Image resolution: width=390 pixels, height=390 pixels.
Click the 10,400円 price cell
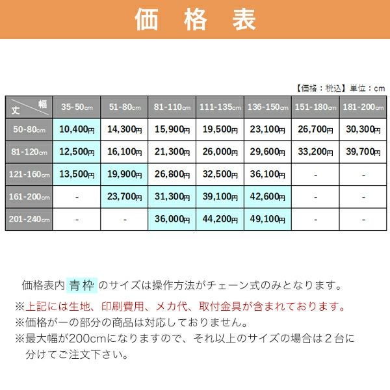point(77,129)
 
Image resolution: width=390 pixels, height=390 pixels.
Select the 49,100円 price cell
point(268,220)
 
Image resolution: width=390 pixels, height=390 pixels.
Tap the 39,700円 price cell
point(363,152)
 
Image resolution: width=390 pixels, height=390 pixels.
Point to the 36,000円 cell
point(172,220)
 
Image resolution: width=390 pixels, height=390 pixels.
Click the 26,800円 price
point(172,174)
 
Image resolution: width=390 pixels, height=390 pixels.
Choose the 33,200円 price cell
point(315,152)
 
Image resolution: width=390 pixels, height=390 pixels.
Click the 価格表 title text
point(195,19)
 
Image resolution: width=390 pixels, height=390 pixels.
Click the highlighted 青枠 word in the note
point(83,285)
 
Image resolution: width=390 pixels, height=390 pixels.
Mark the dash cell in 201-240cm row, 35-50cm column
point(77,220)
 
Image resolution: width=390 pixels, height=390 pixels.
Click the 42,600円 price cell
point(268,197)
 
